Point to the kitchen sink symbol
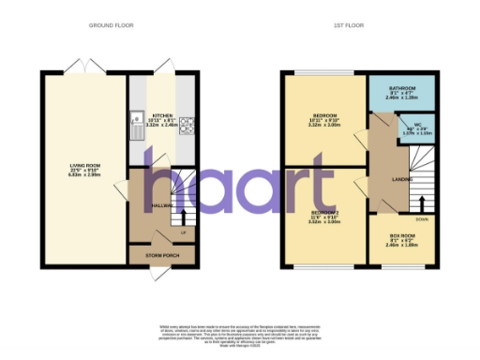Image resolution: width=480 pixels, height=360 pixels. (x=138, y=126)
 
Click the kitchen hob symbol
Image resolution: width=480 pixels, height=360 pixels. (x=185, y=125)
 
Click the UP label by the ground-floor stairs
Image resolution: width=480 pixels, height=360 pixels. (x=184, y=232)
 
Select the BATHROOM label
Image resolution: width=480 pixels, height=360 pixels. (x=403, y=85)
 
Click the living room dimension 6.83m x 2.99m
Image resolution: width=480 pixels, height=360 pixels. (x=83, y=174)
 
